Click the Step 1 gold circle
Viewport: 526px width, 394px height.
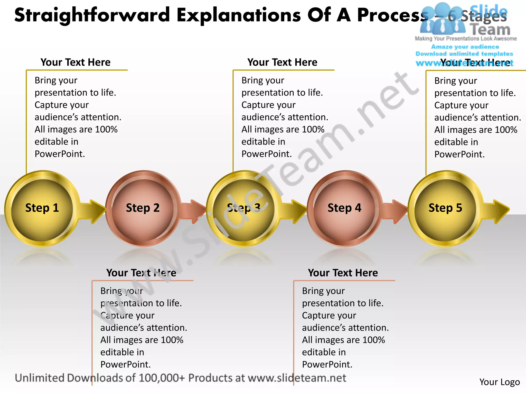click(x=42, y=208)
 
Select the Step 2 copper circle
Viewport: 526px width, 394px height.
click(x=143, y=208)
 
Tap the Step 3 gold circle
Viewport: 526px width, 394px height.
click(x=243, y=208)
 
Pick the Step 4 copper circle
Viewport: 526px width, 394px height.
click(x=344, y=208)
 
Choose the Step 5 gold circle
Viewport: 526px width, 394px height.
click(x=445, y=208)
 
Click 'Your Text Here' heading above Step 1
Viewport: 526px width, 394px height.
click(x=76, y=62)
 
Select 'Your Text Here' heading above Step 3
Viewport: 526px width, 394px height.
click(x=282, y=62)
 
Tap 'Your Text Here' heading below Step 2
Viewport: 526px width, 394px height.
click(x=141, y=273)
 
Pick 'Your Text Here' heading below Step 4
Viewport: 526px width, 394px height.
click(x=343, y=273)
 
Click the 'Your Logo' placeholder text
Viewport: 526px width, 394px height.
click(x=500, y=382)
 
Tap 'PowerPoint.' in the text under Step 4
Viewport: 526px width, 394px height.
click(x=327, y=365)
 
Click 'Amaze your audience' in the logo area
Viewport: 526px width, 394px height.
click(x=465, y=47)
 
